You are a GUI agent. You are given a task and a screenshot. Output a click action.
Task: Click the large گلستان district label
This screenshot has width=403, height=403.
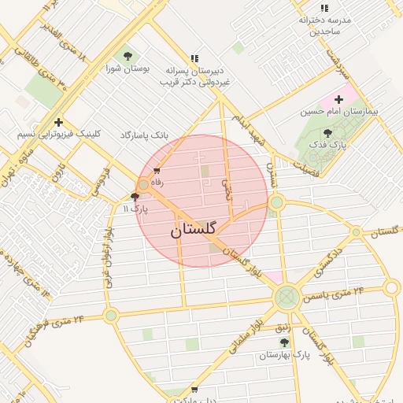pyautogui.click(x=193, y=231)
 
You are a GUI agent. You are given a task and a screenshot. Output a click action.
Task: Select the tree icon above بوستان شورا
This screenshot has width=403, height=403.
pyautogui.click(x=128, y=55)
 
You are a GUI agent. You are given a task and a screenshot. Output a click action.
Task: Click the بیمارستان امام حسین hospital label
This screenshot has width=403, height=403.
pyautogui.click(x=339, y=112)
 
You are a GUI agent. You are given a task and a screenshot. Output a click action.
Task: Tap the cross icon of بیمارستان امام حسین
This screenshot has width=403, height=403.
pyautogui.click(x=338, y=99)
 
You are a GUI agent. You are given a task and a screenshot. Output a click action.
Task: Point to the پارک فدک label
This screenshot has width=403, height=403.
pyautogui.click(x=328, y=146)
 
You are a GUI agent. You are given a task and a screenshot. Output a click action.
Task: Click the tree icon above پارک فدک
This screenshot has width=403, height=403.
pyautogui.click(x=327, y=134)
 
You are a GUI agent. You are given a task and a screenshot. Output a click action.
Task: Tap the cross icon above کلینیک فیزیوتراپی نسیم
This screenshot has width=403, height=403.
pyautogui.click(x=58, y=122)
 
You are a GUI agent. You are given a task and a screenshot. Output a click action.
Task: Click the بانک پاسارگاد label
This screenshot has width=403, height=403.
pyautogui.click(x=146, y=135)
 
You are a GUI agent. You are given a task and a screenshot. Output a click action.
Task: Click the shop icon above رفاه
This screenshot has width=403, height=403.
pyautogui.click(x=157, y=171)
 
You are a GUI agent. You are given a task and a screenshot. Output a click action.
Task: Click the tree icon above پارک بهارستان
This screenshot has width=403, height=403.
pyautogui.click(x=284, y=342)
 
